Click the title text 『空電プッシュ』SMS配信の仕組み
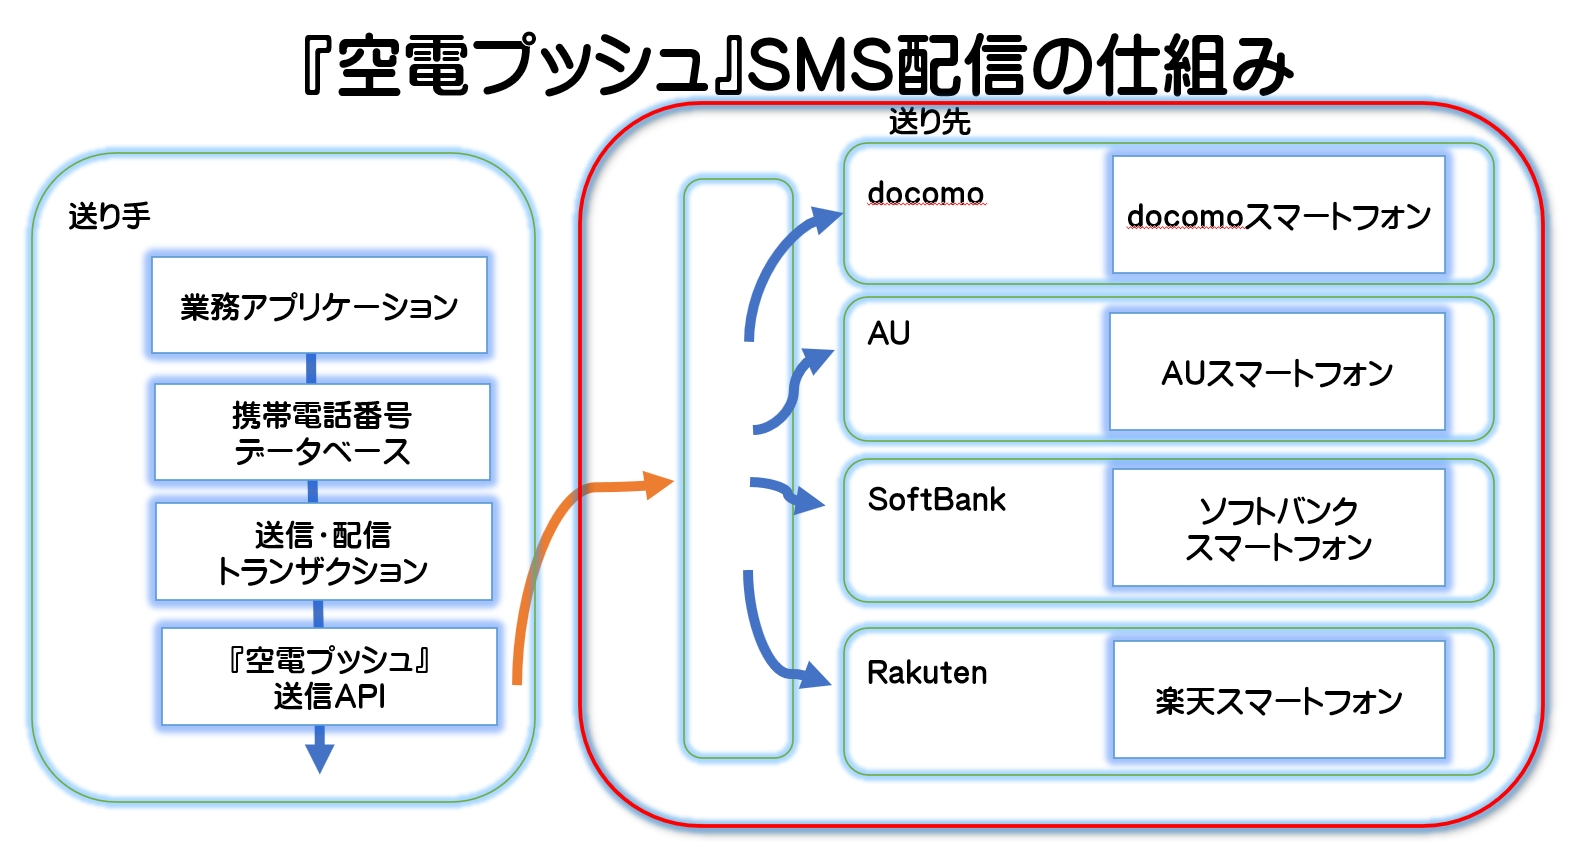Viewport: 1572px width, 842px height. tap(798, 65)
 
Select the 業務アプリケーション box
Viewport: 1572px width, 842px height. tap(319, 305)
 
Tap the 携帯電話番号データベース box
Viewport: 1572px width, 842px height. tap(322, 432)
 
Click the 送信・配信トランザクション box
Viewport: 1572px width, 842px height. tap(324, 552)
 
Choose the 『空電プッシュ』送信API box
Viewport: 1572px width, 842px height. tap(329, 676)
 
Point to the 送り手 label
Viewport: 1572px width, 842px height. tap(109, 215)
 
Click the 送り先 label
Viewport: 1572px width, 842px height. tap(930, 121)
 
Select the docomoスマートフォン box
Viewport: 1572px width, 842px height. tap(1279, 215)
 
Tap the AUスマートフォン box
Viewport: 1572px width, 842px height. tap(1277, 372)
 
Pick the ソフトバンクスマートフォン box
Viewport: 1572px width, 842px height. tap(1279, 528)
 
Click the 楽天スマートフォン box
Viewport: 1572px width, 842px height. tap(1279, 700)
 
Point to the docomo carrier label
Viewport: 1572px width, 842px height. tap(926, 193)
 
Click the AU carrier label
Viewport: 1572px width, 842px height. tap(888, 333)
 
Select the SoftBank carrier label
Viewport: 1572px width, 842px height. tap(936, 499)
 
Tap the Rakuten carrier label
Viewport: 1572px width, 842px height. tap(926, 672)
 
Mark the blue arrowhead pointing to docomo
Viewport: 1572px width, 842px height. tap(826, 219)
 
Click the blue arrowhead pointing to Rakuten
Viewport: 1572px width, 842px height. tap(815, 675)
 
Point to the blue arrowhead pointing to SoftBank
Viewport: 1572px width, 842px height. tap(809, 500)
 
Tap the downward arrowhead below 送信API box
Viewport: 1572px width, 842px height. tap(319, 758)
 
